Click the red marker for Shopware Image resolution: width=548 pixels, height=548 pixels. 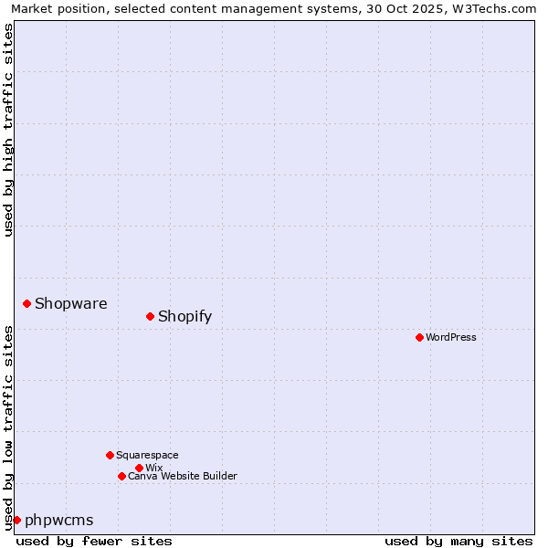coord(26,303)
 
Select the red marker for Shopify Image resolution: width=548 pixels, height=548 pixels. coord(150,316)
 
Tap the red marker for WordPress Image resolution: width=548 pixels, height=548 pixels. coord(419,337)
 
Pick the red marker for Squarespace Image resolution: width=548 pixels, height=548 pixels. coord(110,455)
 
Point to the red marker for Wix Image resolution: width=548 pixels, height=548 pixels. coord(139,468)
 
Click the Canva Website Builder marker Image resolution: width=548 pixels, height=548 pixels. coord(121,476)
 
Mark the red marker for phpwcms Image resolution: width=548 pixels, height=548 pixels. coord(16,520)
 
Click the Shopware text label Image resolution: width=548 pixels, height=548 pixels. coord(70,304)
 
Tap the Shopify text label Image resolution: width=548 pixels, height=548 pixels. coord(184,317)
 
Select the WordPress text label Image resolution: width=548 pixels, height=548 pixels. coord(450,337)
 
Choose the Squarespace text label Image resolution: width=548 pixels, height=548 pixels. coord(147,455)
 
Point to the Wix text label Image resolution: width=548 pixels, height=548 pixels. coord(153,468)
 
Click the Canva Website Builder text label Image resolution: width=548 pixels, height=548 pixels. coord(182,476)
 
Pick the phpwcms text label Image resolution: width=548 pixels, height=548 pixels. coord(58,521)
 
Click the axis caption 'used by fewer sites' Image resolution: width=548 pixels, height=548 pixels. coord(94,541)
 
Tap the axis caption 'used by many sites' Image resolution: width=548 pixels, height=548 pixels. coord(458,541)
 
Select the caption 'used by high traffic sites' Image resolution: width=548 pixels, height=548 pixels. coord(8,130)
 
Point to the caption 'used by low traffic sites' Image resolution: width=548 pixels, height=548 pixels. coord(8,427)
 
